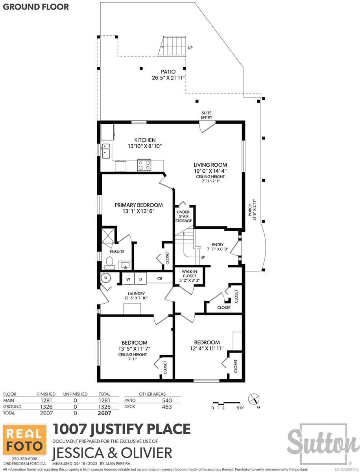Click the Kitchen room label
coord(145,140)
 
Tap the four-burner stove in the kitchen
coord(144,165)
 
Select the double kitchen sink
coord(106,151)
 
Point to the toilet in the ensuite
coord(109,263)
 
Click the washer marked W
coord(128,279)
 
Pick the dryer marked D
coord(140,279)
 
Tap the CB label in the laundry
coord(160,279)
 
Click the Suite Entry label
coord(207,115)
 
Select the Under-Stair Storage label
coord(183,216)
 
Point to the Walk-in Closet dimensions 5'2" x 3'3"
coord(190,280)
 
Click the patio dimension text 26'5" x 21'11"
coord(168,78)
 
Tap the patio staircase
coord(172,46)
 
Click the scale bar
coord(227,403)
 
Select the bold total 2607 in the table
coord(104,413)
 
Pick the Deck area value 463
coord(167,407)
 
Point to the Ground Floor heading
coord(36,7)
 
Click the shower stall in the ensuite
coord(108,235)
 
